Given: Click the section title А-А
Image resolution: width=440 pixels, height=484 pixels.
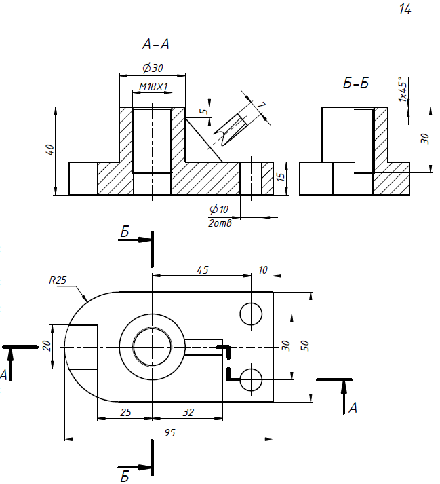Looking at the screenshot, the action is [156, 44].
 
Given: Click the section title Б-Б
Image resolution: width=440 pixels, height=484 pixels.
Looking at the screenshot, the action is [356, 83].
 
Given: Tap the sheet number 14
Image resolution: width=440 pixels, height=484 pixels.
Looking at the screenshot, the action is [405, 10].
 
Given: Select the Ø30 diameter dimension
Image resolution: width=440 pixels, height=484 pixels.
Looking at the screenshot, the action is [153, 68].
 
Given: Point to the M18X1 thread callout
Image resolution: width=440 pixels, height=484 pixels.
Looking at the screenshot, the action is [153, 87].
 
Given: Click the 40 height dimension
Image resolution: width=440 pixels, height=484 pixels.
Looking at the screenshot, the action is [50, 150].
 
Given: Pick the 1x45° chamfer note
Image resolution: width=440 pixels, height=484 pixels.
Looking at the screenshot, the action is [403, 89].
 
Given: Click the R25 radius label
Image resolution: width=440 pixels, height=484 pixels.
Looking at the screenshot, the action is [58, 280].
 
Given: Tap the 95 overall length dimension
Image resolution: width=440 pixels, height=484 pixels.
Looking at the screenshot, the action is [169, 433].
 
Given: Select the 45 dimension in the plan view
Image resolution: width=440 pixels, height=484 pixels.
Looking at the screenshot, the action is [203, 270].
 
